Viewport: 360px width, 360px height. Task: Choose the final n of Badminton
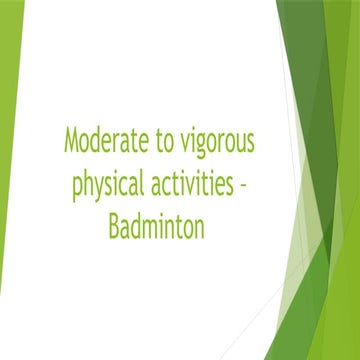tap(199, 228)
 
